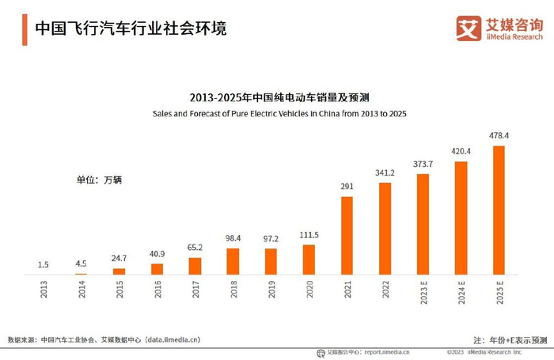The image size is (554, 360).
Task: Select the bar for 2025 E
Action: pyautogui.click(x=499, y=210)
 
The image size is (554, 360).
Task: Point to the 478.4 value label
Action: pyautogui.click(x=499, y=136)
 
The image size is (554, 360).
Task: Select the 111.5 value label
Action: pyautogui.click(x=309, y=235)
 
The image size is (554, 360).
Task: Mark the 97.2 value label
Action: pyautogui.click(x=271, y=239)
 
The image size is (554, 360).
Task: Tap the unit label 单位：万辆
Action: pyautogui.click(x=99, y=180)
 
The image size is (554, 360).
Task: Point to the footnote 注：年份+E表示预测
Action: pyautogui.click(x=509, y=339)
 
